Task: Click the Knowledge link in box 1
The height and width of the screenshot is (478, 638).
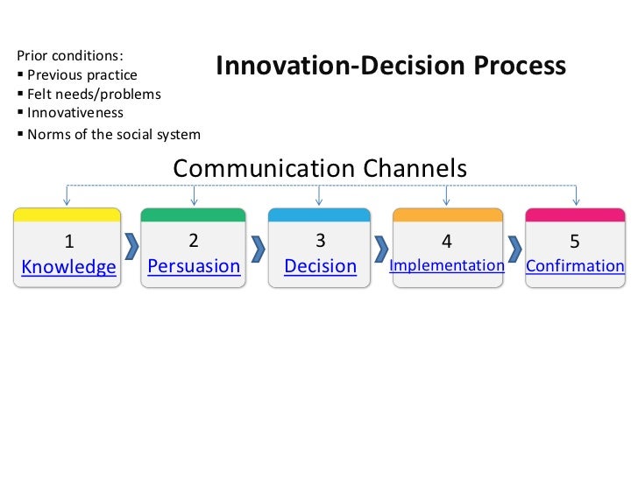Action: click(x=68, y=267)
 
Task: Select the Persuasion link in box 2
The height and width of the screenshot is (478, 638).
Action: click(x=194, y=265)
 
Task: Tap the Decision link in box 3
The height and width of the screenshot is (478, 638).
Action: click(x=321, y=266)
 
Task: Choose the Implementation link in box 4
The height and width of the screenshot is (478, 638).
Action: click(x=447, y=265)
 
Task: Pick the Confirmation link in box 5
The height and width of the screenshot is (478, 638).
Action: click(x=575, y=266)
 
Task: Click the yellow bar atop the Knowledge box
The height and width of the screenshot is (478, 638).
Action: click(x=67, y=214)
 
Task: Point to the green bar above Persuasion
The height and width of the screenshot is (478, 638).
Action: click(x=194, y=214)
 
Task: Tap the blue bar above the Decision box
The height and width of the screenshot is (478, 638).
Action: click(x=321, y=214)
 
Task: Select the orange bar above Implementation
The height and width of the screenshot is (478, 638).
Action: click(x=448, y=214)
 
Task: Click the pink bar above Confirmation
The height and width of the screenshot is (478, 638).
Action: click(x=574, y=214)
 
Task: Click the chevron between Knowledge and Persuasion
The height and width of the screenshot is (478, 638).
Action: click(x=131, y=248)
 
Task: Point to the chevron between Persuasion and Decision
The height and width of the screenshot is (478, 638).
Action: click(x=258, y=248)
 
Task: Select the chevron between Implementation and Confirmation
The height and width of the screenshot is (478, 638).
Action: click(x=515, y=249)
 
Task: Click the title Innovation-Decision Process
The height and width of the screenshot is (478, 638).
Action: click(x=391, y=67)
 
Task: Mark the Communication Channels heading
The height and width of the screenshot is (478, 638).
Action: click(x=320, y=168)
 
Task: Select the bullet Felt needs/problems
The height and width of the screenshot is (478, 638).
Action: click(x=93, y=94)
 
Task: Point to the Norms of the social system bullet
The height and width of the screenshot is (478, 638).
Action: click(x=113, y=134)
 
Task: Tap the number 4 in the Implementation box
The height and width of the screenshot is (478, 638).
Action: click(x=447, y=241)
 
